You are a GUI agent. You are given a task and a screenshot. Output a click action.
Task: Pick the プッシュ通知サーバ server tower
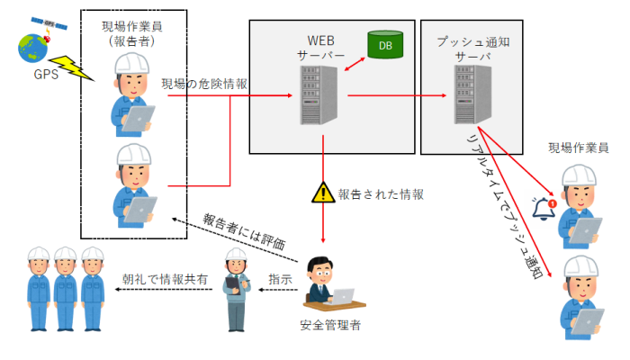463,94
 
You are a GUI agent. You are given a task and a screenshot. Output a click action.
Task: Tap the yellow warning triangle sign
322,192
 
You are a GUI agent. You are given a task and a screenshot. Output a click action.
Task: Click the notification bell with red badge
543,209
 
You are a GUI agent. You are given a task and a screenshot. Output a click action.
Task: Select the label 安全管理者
330,325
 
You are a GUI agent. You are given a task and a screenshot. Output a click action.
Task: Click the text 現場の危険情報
204,84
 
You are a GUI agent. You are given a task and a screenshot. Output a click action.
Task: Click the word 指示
280,279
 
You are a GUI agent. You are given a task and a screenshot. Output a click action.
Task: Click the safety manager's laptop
343,295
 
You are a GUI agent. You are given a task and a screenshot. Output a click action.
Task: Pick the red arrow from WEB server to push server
396,94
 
